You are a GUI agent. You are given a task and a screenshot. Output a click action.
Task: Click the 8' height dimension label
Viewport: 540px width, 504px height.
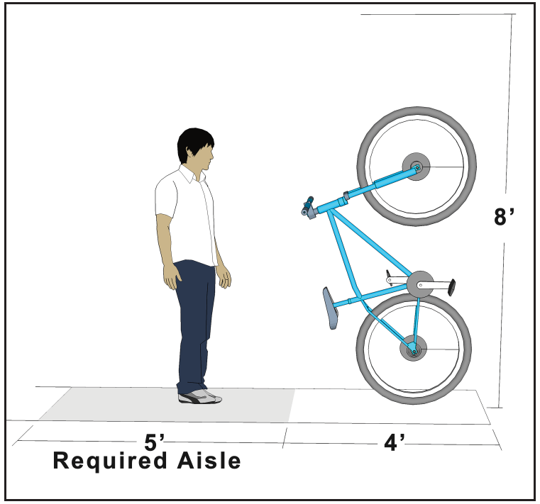[x=504, y=216]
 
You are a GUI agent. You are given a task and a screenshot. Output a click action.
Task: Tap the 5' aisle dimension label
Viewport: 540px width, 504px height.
[x=153, y=442]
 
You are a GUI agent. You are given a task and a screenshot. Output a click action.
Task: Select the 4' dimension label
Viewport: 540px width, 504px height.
[x=394, y=442]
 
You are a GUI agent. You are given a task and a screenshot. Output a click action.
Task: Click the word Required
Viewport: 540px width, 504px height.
[x=110, y=461]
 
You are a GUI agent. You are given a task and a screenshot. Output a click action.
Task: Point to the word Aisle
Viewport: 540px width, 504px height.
[x=209, y=460]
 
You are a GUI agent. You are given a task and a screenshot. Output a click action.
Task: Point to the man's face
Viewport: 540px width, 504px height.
[x=206, y=157]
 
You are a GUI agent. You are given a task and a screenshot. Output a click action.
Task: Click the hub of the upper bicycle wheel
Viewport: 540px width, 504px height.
[x=416, y=167]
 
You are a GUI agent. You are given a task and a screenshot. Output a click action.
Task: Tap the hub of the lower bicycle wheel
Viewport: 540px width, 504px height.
[x=413, y=348]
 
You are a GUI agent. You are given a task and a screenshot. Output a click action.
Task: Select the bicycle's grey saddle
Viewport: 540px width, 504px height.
[x=330, y=308]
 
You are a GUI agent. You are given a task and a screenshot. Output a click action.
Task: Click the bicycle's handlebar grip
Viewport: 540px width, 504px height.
[x=307, y=206]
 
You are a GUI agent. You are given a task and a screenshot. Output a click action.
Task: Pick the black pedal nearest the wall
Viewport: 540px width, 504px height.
[x=451, y=287]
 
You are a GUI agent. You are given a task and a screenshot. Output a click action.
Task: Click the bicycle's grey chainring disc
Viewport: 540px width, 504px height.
[x=420, y=284]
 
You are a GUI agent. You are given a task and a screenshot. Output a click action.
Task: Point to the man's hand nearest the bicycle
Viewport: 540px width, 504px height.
[x=224, y=276]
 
